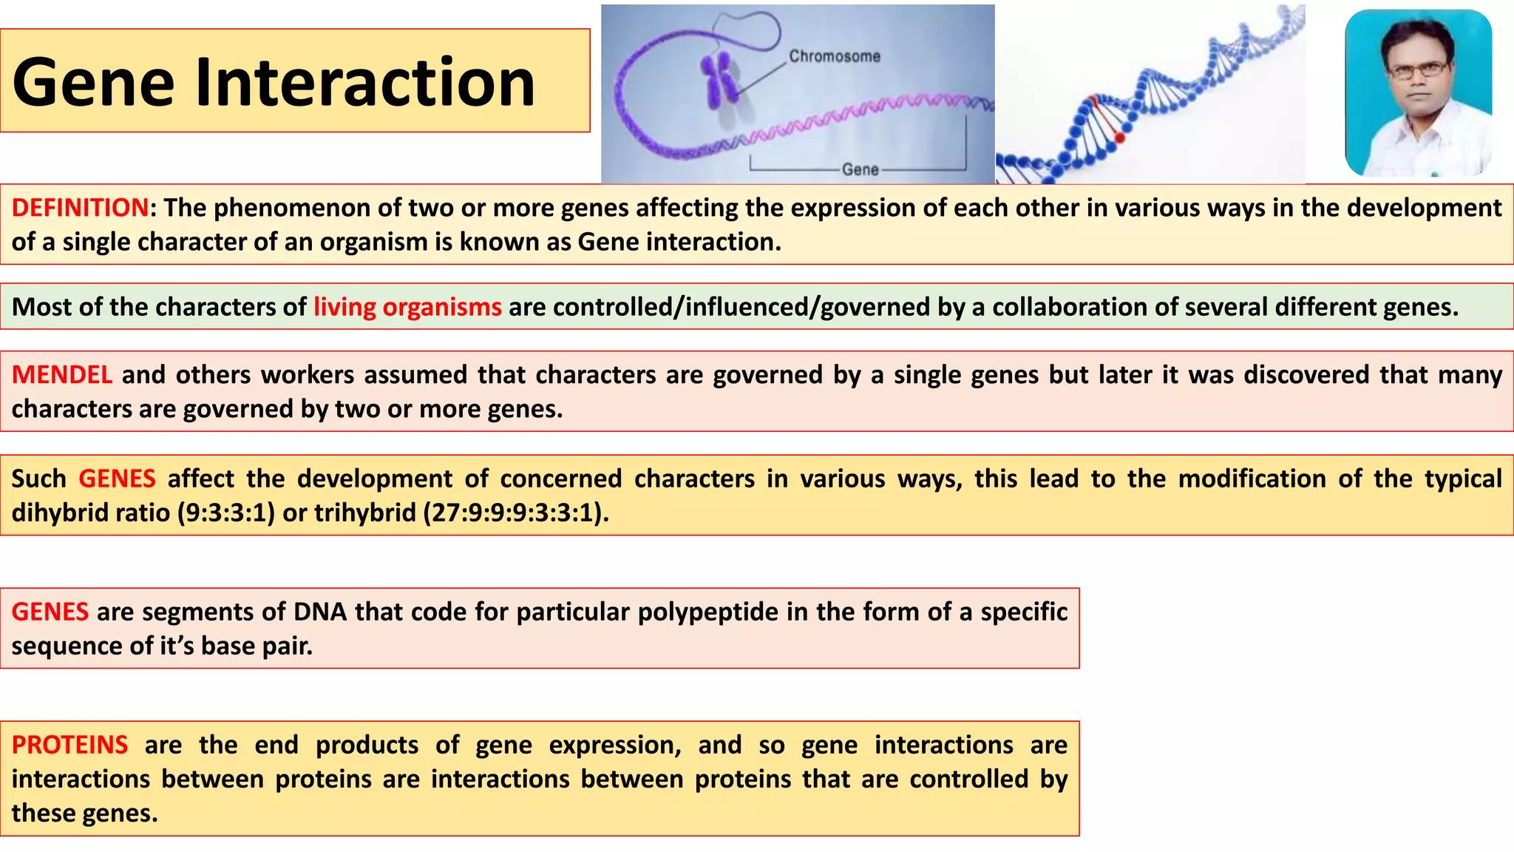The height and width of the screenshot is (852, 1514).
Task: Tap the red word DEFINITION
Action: [x=80, y=208]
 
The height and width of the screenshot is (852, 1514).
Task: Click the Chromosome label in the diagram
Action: [x=834, y=56]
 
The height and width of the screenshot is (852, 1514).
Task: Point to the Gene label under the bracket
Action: [x=860, y=169]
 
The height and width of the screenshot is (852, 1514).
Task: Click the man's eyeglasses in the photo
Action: [x=1417, y=70]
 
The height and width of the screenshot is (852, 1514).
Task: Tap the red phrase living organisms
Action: [x=407, y=307]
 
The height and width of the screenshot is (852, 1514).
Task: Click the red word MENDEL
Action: [x=61, y=375]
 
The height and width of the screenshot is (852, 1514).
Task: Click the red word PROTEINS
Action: [x=69, y=745]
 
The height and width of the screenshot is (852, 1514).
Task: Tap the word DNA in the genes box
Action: [x=320, y=612]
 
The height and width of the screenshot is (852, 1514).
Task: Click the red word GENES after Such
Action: [x=117, y=479]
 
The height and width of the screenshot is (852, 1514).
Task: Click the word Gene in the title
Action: [x=93, y=82]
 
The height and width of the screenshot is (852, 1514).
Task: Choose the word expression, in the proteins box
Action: [x=614, y=745]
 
